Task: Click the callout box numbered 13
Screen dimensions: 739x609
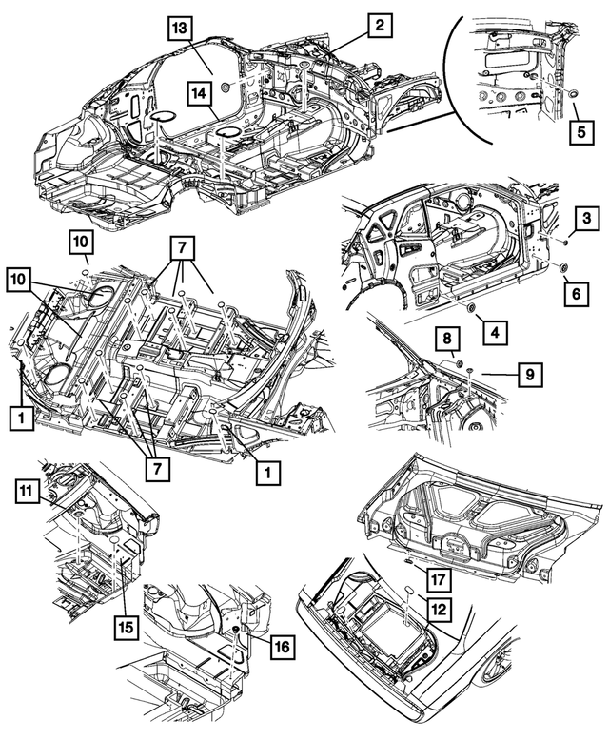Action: [x=181, y=28]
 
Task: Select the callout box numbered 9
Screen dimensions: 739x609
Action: [x=529, y=375]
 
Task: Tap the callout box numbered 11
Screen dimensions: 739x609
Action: [x=29, y=491]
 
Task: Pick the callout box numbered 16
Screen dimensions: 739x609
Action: [x=282, y=648]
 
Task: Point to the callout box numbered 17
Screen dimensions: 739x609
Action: [x=438, y=576]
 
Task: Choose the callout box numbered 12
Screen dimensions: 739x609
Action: [x=439, y=605]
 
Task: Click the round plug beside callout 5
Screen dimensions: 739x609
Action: [x=575, y=94]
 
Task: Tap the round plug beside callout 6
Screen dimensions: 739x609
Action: [x=561, y=269]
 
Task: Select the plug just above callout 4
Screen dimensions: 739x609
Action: [x=472, y=308]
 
